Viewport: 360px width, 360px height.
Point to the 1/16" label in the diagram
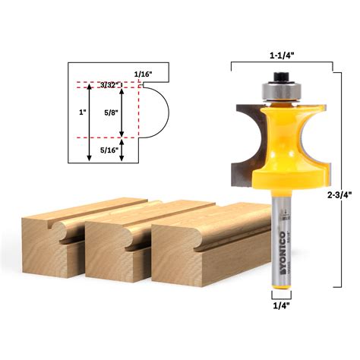pos(143,74)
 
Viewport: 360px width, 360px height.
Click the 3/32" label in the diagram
pos(108,86)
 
